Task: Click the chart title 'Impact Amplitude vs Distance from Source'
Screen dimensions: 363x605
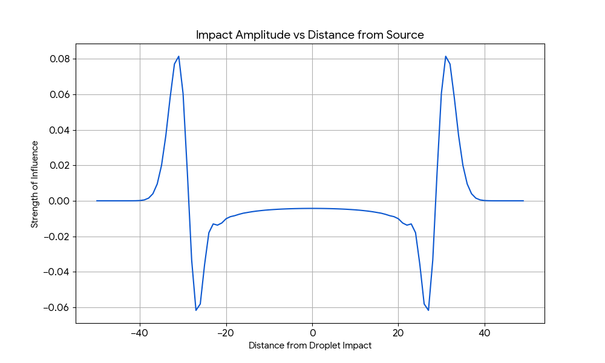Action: (310, 34)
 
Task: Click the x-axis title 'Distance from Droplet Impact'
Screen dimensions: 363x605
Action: (310, 345)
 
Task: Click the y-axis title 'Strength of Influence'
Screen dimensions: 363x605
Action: (35, 184)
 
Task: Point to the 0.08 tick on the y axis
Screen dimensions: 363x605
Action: (61, 59)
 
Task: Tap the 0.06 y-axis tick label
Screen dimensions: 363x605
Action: (61, 94)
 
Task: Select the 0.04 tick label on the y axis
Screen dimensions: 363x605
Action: (61, 130)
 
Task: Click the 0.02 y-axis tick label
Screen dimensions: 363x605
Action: (61, 165)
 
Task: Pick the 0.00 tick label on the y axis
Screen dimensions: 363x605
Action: (61, 201)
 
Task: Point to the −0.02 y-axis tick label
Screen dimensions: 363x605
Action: (58, 237)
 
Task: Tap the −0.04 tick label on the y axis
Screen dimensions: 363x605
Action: (58, 272)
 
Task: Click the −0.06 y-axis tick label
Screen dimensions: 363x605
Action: (58, 307)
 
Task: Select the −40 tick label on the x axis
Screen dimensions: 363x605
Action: (140, 332)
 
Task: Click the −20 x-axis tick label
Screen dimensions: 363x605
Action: (226, 332)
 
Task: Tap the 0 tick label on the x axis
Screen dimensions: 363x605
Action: (312, 332)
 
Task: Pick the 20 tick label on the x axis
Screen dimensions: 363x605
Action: (398, 332)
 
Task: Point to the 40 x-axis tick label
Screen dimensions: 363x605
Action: (484, 332)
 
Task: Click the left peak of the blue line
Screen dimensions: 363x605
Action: (178, 56)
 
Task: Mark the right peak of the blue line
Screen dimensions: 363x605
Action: (445, 56)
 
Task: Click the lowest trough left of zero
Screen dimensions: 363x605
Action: (196, 310)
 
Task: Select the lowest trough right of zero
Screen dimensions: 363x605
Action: (428, 310)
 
